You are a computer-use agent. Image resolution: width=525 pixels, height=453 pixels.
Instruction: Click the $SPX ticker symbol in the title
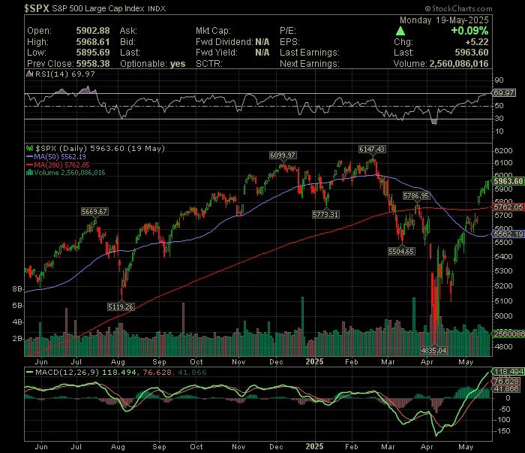pyautogui.click(x=37, y=8)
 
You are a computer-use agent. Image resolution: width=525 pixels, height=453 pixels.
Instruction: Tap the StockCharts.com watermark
pyautogui.click(x=459, y=8)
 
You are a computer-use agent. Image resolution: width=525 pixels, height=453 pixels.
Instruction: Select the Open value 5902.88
pyautogui.click(x=93, y=31)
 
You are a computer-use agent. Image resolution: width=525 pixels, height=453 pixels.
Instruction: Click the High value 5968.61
pyautogui.click(x=93, y=42)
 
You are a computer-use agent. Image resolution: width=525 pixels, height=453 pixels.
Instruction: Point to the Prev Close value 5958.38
pyautogui.click(x=93, y=63)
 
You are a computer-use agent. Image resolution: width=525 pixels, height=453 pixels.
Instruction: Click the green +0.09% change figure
pyautogui.click(x=469, y=31)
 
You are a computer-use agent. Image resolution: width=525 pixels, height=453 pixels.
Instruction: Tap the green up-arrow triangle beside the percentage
pyautogui.click(x=400, y=32)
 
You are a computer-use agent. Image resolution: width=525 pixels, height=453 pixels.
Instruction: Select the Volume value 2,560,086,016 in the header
pyautogui.click(x=459, y=63)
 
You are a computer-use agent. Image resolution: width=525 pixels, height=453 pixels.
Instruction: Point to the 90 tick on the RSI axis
pyautogui.click(x=499, y=80)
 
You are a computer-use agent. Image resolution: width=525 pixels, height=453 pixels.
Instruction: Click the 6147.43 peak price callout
pyautogui.click(x=372, y=149)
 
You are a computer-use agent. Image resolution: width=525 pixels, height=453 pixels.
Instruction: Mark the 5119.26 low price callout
pyautogui.click(x=121, y=307)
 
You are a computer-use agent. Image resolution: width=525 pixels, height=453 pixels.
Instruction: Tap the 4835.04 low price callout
pyautogui.click(x=433, y=350)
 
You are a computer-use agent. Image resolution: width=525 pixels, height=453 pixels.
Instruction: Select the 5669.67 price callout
pyautogui.click(x=94, y=212)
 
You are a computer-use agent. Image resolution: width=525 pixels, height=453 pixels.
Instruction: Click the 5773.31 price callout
pyautogui.click(x=325, y=214)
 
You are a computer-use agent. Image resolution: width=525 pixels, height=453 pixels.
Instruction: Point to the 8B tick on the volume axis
pyautogui.click(x=17, y=289)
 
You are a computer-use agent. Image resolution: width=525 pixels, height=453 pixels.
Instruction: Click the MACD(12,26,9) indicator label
pyautogui.click(x=67, y=372)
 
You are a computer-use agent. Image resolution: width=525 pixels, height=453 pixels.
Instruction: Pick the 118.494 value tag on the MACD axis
pyautogui.click(x=508, y=372)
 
